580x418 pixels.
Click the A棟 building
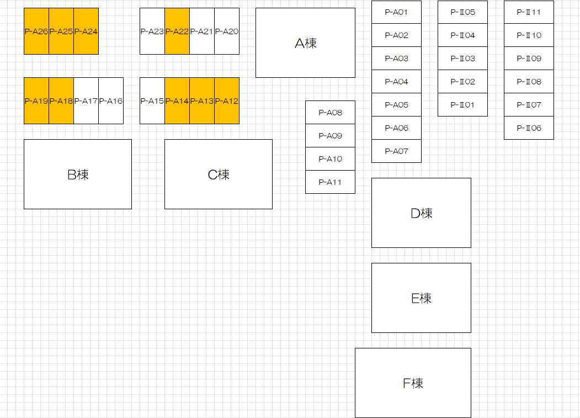(305, 43)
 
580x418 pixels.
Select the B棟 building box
(78, 174)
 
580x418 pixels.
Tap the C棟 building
(219, 174)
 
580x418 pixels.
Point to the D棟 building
(421, 213)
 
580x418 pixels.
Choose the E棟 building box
(421, 298)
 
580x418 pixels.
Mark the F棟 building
(413, 383)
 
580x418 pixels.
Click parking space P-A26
(36, 31)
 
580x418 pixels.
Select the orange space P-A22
(177, 31)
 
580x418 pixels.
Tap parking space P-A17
(86, 101)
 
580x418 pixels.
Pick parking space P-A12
(227, 101)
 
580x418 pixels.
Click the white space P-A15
(152, 101)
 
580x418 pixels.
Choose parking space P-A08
(330, 113)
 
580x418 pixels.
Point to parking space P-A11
(330, 182)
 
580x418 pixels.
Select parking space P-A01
(396, 12)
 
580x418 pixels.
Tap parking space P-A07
(396, 151)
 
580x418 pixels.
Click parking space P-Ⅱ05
(462, 12)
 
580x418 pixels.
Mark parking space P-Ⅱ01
(462, 105)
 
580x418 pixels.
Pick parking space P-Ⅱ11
(529, 12)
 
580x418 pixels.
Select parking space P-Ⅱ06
(529, 128)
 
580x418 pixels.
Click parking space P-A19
(36, 101)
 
